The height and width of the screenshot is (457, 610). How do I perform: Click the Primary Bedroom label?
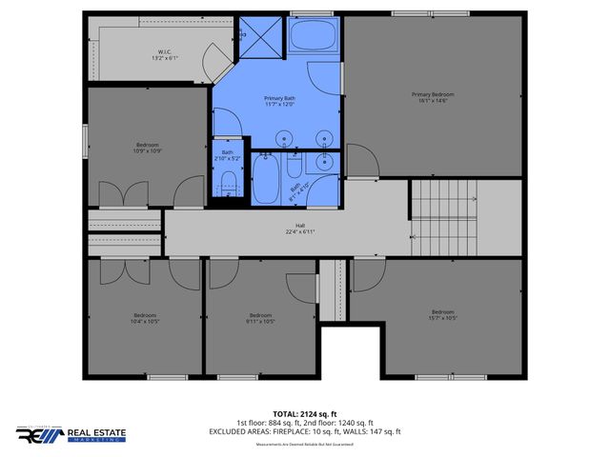pos(433,94)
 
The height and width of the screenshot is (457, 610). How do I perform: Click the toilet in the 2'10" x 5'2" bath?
pos(228,184)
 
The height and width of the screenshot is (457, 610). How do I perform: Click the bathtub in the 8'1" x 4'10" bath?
pos(267,179)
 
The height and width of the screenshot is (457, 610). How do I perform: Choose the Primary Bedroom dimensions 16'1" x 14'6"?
pos(433,101)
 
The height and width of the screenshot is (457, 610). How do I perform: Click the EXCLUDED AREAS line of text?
pos(305,431)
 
